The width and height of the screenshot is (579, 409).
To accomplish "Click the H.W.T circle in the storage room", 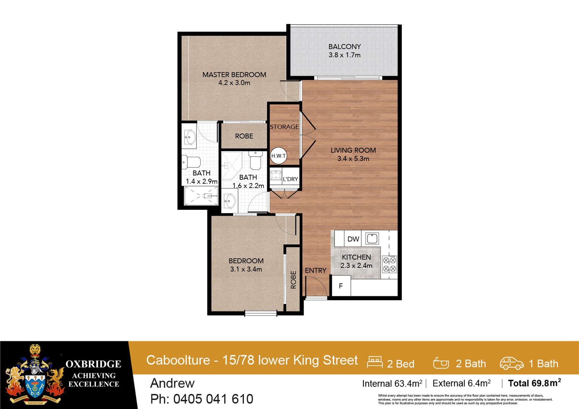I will pos(279,156).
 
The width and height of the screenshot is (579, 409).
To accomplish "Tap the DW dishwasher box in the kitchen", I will pos(353,239).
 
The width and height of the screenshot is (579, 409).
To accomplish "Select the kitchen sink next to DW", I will pos(372,238).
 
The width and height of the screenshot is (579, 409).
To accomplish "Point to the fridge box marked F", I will pos(341,286).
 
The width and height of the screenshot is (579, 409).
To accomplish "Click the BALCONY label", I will pos(344,47).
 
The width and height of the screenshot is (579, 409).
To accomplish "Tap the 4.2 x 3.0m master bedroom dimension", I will pos(234,83).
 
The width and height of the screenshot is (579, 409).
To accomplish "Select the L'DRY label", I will pos(290,179).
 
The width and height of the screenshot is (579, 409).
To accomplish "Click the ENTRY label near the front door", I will pos(315,270).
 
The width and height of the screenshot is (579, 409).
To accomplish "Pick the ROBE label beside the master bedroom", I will pos(244,136).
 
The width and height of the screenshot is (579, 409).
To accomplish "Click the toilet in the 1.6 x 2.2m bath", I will pos(255,161).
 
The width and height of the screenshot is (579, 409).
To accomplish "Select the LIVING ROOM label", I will pos(353,150).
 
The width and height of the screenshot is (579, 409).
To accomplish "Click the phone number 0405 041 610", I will pos(213,399).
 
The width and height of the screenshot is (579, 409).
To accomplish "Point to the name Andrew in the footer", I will pos(172,383).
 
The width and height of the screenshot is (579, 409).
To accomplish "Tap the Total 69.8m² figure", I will pos(534,383).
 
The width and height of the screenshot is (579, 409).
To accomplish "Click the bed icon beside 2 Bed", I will pos(375,362).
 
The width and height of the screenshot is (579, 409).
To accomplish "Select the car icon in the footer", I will pos(511,363).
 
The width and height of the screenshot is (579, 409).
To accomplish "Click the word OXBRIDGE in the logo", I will pos(93,364).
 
